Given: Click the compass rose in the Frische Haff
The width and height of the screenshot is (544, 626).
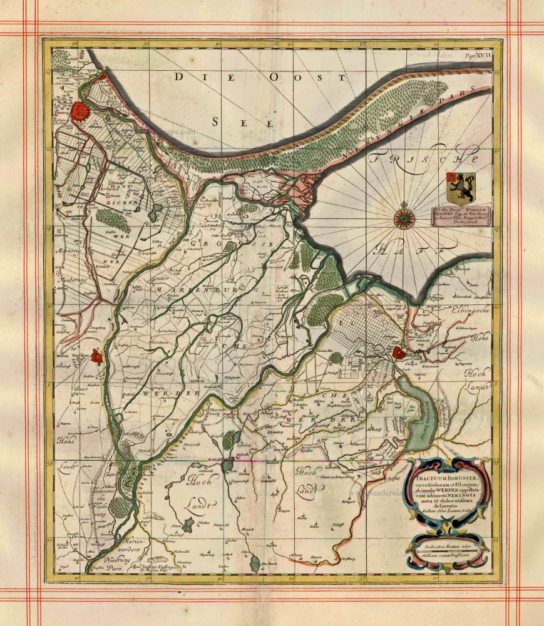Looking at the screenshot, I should (x=402, y=219).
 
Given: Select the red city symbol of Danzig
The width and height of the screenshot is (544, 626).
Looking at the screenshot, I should (x=81, y=112).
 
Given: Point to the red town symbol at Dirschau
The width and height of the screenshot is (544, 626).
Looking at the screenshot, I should (x=96, y=357).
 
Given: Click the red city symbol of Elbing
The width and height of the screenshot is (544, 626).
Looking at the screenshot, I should (x=399, y=354).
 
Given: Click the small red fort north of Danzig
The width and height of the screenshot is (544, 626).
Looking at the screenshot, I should (x=103, y=78).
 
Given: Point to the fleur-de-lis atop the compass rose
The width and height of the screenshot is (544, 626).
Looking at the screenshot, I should (x=402, y=205).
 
